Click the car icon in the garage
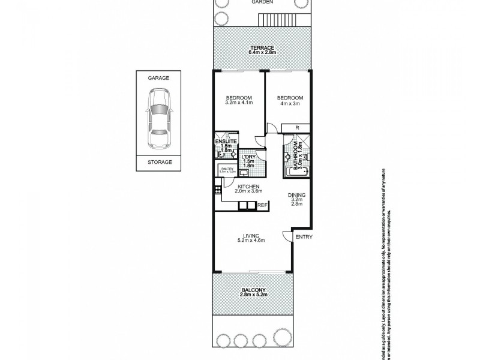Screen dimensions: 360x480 pos(159,119)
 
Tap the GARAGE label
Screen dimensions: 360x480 pos(159,78)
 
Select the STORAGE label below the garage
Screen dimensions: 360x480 pos(160,162)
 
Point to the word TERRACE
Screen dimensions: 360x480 pos(262,48)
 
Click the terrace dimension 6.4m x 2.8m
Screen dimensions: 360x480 pos(262,53)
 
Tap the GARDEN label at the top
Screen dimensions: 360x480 pos(262,2)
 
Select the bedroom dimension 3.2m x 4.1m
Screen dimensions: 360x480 pos(238,103)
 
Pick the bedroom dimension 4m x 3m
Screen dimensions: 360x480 pos(289,103)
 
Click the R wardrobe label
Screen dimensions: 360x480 pos(298,127)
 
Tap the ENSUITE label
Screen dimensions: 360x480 pos(227,141)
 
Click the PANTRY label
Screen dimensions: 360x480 pos(227,169)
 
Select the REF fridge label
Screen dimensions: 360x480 pos(262,205)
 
